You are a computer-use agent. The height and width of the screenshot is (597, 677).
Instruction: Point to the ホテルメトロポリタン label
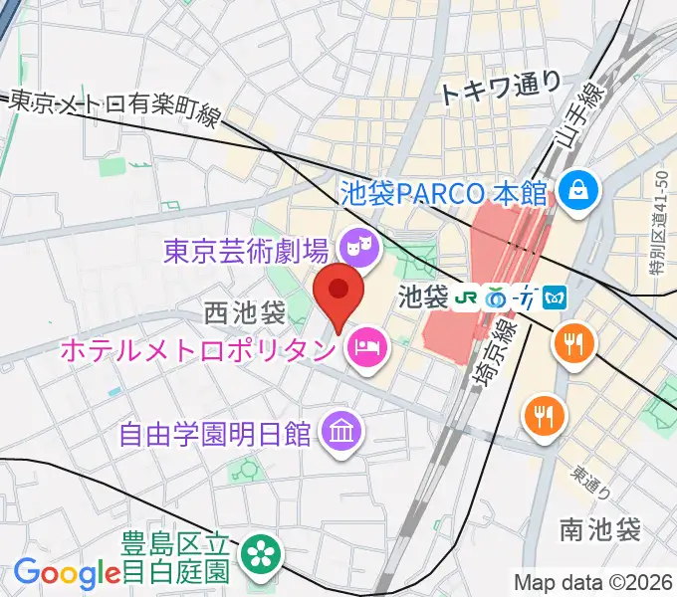[x=199, y=349]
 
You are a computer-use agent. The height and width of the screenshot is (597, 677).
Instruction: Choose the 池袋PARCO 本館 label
[x=445, y=187]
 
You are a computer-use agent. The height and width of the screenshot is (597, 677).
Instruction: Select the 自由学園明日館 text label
[x=213, y=434]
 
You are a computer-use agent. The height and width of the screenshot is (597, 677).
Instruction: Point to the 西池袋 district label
[x=245, y=312]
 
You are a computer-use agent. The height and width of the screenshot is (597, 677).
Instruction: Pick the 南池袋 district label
[x=600, y=529]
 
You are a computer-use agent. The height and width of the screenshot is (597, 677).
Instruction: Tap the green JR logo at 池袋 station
[x=466, y=296]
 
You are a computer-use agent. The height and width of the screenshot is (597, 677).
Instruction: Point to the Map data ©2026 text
[x=592, y=582]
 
